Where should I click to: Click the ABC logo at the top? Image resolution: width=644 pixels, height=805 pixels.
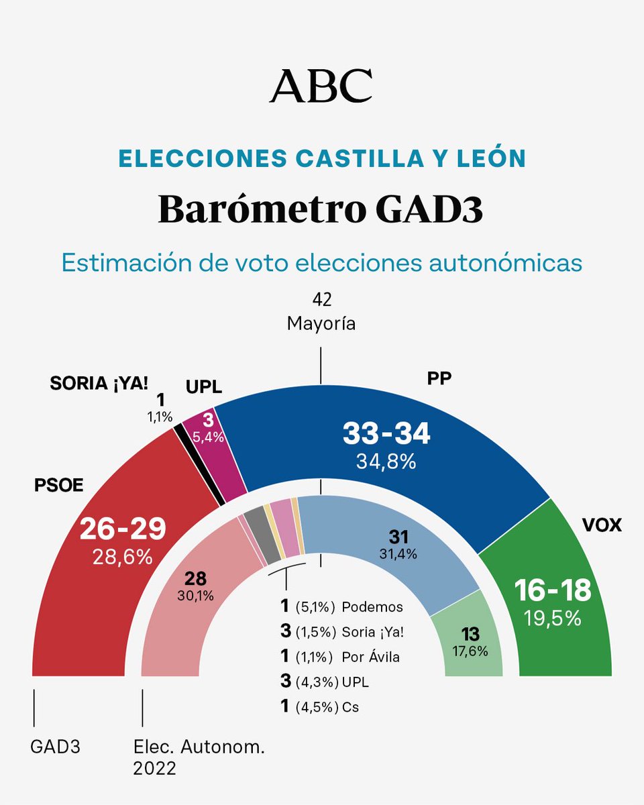pos(321,85)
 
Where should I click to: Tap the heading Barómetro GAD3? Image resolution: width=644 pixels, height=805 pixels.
pos(321,209)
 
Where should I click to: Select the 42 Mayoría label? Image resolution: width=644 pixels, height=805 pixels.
pos(321,312)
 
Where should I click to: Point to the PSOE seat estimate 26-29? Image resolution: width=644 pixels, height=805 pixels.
pos(122,530)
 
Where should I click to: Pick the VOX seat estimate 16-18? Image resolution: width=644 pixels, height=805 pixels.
pos(552,590)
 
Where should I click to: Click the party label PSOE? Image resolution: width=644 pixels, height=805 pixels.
pos(59,485)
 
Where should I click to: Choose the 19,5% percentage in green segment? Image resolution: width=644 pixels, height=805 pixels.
pos(552,618)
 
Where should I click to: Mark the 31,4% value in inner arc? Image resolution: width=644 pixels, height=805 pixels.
pos(398,554)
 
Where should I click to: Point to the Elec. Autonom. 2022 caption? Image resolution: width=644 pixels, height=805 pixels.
pos(199,757)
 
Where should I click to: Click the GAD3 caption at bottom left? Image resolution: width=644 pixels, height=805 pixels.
pos(56,747)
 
